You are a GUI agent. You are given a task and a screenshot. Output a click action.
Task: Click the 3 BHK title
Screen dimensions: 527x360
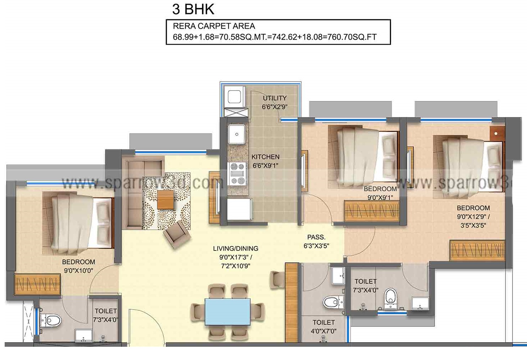pos(193,9)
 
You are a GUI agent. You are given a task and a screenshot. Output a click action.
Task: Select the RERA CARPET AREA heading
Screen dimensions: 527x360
pos(214,26)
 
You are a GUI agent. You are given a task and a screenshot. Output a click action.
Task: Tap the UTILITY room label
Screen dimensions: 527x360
pos(275,98)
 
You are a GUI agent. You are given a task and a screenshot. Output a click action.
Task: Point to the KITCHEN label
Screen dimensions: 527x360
pos(265,157)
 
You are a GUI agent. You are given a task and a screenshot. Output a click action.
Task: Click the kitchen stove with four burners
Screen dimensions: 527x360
pos(237,174)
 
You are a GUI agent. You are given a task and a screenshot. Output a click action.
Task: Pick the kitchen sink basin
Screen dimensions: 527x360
pos(237,134)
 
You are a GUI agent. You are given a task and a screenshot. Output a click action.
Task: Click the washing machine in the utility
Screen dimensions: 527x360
pos(235,97)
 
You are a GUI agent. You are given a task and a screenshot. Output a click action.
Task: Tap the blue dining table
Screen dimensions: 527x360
pos(227,312)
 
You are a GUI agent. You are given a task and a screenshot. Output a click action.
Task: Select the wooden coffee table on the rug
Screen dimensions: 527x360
pos(166,200)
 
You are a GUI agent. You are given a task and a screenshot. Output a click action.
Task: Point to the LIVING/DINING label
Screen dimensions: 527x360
pos(236,248)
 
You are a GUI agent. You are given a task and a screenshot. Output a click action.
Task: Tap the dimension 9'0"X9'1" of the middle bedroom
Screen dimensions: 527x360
pos(380,198)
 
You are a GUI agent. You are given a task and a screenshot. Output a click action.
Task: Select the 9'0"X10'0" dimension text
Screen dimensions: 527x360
pos(78,271)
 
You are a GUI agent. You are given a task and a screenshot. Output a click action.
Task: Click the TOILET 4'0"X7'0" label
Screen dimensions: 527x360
pos(324,327)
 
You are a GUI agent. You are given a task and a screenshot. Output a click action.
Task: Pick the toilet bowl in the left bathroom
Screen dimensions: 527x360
pos(52,320)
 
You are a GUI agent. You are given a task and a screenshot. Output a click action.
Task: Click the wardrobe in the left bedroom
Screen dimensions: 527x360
pos(37,284)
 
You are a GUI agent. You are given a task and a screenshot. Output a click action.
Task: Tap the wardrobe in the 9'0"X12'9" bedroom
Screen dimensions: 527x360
pos(477,250)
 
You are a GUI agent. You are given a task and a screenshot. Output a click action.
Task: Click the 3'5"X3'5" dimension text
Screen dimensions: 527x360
pos(473,225)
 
